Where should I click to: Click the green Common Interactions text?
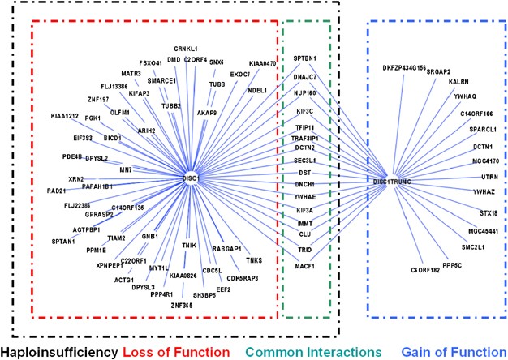312,350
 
